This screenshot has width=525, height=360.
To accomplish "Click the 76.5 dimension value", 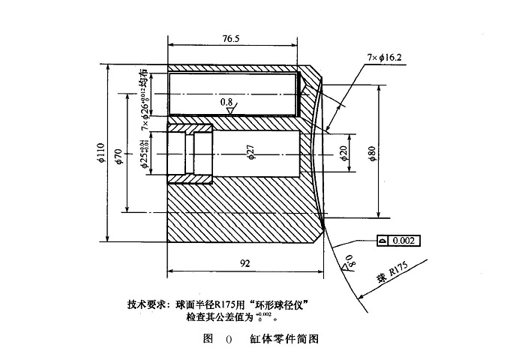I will (230, 39).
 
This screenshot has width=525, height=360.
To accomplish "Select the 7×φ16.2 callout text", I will (385, 57).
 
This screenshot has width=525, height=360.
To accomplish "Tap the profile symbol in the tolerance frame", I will (382, 241).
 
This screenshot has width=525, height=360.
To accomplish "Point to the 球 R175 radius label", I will (391, 285).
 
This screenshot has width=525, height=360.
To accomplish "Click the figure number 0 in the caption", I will (229, 339).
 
